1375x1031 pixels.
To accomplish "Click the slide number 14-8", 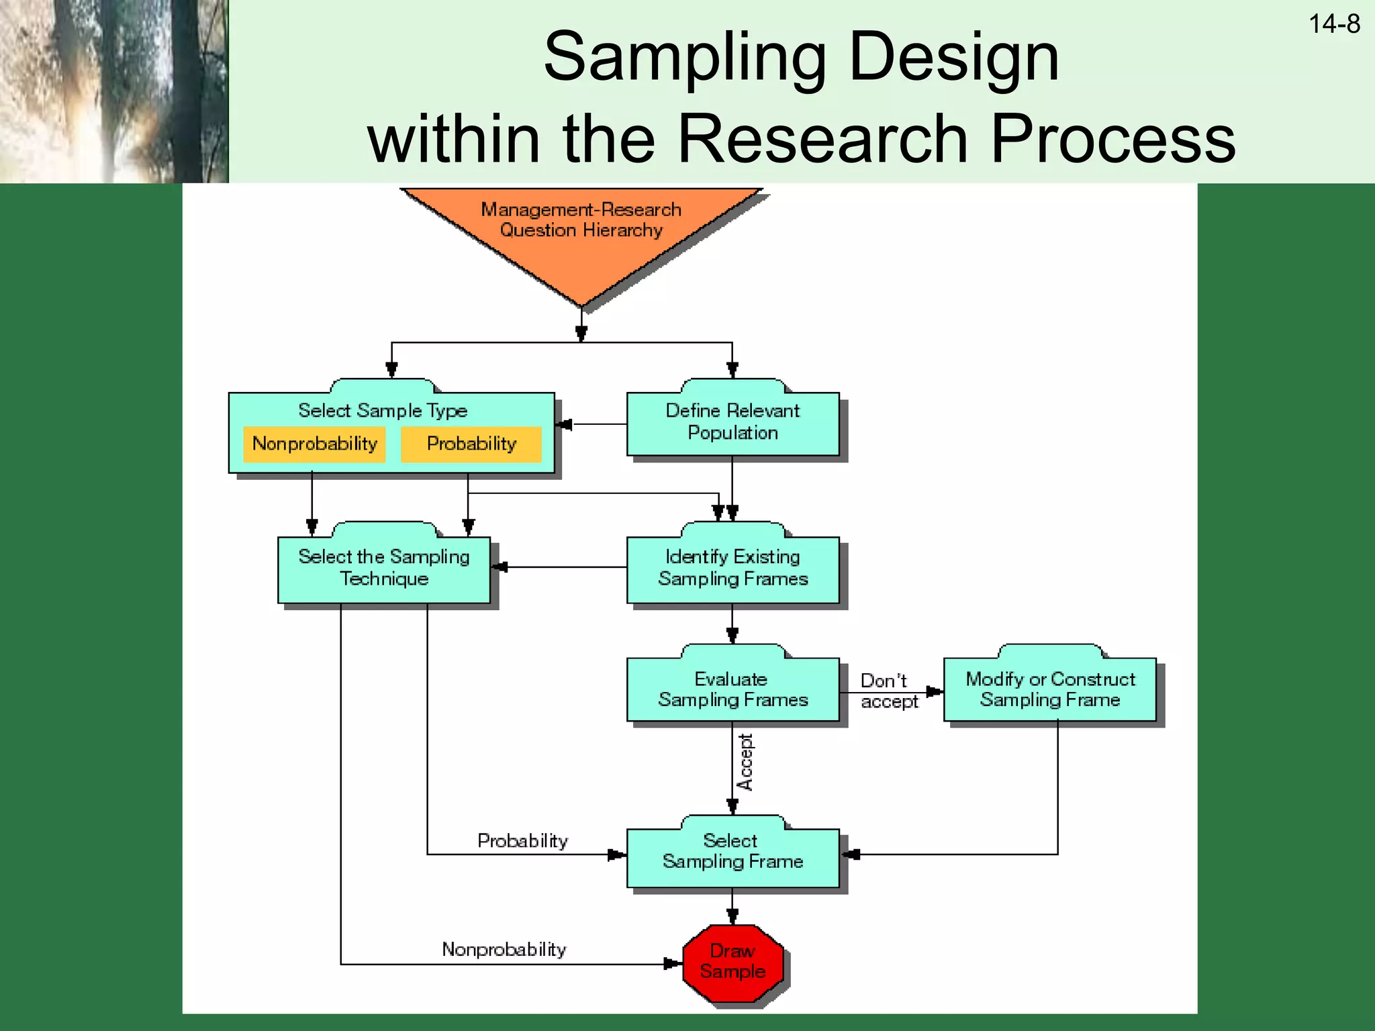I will pos(1333,25).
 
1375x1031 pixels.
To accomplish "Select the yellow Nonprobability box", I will pos(314,444).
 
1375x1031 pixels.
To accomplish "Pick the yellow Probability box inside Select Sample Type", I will pos(471,444).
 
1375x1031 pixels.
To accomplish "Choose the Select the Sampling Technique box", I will pos(384,569).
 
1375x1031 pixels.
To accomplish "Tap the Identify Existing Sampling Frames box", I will pos(732,569).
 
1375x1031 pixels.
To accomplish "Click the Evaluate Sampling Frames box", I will pos(732,690).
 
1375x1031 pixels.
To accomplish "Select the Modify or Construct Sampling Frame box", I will pos(1050,690).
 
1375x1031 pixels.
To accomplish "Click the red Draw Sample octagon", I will pos(732,962).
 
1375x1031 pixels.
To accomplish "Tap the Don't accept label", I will pos(888,691).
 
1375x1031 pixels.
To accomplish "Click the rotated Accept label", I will pos(745,763).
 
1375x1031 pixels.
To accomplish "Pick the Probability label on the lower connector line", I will pos(522,841).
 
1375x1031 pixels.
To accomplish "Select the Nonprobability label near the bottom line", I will pos(504,950).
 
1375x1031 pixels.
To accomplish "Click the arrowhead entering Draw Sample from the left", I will pos(672,964).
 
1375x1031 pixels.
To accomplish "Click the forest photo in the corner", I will pos(114,91).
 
